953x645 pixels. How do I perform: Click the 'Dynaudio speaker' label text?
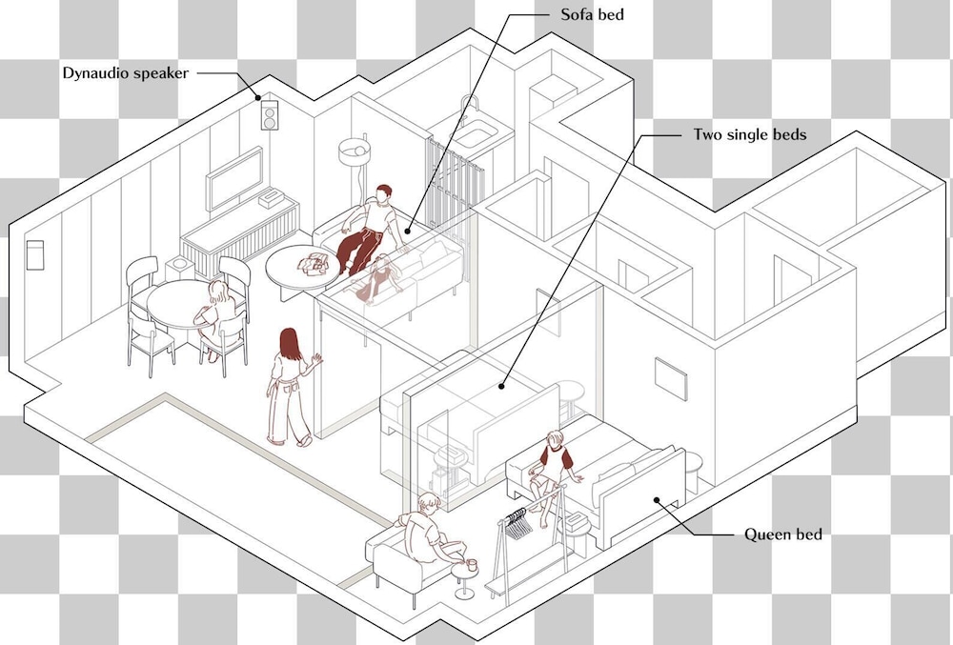[x=126, y=73]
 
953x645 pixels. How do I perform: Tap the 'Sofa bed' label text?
[x=592, y=14]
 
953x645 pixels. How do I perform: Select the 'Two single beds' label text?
[x=750, y=134]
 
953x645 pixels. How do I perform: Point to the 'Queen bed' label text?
[x=782, y=534]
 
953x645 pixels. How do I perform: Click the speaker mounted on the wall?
[x=271, y=114]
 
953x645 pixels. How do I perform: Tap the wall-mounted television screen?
[x=234, y=178]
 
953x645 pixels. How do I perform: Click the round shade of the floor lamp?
[x=355, y=151]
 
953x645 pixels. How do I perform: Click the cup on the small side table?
[x=472, y=565]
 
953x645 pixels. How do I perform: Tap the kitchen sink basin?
[x=476, y=134]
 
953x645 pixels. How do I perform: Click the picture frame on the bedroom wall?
[x=671, y=379]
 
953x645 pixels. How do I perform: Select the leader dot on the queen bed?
[x=657, y=500]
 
